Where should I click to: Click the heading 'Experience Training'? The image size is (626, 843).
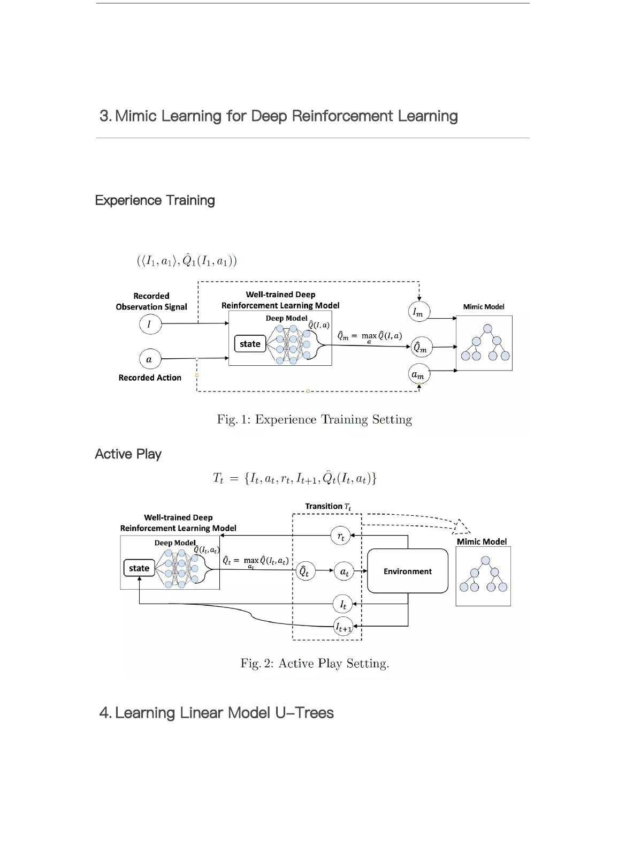[155, 200]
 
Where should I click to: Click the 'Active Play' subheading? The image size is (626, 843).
[128, 454]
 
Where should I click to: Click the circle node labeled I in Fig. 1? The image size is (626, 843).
[149, 324]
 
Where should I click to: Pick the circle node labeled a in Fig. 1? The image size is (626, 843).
[149, 359]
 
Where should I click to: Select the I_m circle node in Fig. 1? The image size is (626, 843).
[418, 312]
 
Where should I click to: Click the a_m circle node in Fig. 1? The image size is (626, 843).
[418, 374]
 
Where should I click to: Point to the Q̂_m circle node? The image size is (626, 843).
[420, 348]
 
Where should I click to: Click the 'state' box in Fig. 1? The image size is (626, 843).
[250, 344]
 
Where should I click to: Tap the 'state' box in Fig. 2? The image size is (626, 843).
[139, 568]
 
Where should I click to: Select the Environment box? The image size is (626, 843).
[408, 571]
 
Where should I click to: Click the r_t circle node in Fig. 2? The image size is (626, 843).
[341, 536]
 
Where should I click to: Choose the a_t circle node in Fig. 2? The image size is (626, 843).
[345, 572]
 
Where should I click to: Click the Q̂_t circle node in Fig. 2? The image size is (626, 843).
[304, 571]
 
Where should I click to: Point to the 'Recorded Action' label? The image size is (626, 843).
[150, 378]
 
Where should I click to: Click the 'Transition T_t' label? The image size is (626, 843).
[328, 506]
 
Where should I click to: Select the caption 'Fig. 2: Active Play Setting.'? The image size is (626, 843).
[315, 664]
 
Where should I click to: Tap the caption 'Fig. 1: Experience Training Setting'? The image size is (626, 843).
[315, 419]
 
